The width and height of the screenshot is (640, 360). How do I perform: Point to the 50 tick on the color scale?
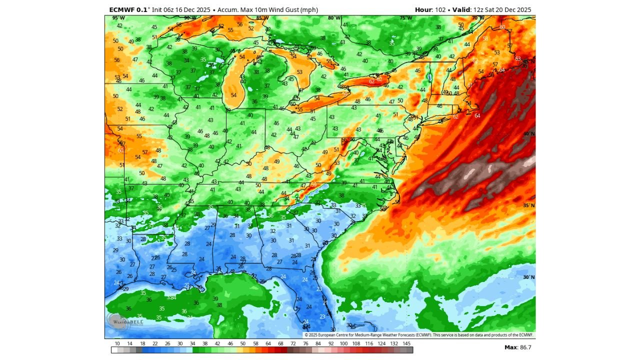[x=243, y=343]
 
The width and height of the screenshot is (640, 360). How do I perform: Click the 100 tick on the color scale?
[x=343, y=343]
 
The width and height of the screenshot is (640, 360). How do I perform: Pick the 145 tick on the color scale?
[x=407, y=343]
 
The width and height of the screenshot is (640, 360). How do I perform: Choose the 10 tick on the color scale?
[x=117, y=343]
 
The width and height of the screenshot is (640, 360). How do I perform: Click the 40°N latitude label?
[x=528, y=134]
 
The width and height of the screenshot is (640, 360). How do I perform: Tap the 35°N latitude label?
[x=528, y=205]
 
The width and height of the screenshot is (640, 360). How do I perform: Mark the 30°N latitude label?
[x=528, y=277]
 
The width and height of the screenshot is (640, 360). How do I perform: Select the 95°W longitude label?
[x=118, y=18]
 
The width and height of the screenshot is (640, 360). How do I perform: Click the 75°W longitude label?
[x=406, y=18]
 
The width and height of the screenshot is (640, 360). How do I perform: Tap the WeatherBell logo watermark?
[x=119, y=322]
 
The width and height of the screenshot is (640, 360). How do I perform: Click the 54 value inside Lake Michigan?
[x=233, y=95]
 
